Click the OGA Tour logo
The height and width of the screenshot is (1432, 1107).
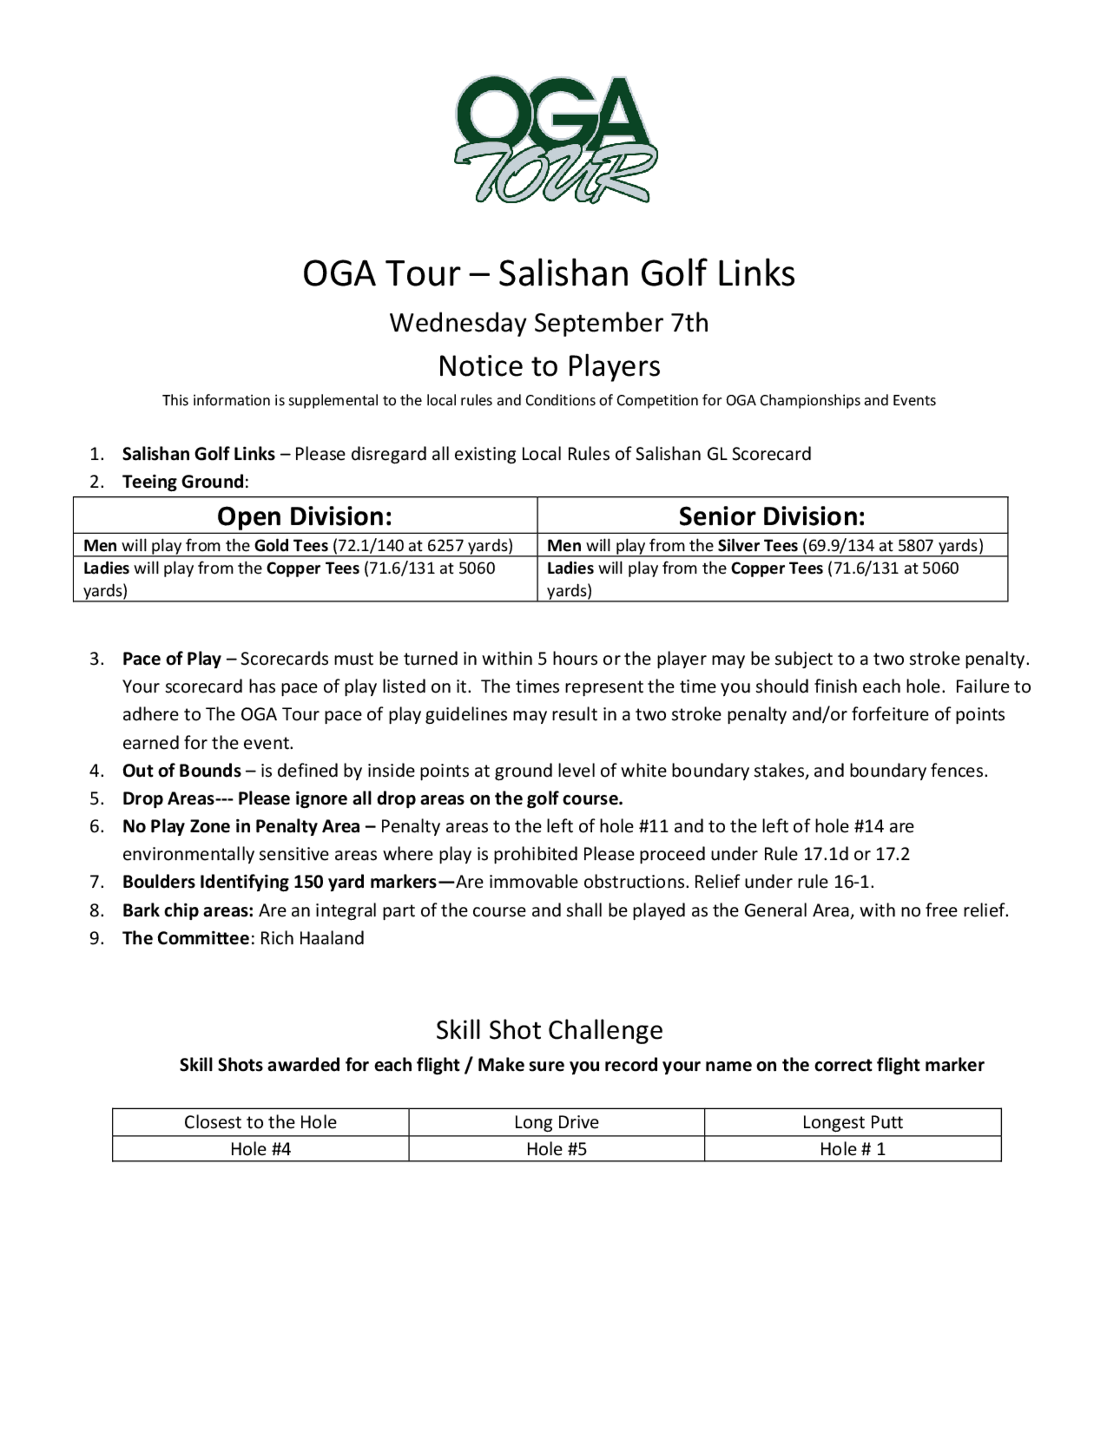[555, 139]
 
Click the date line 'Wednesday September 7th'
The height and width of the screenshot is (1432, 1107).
[549, 323]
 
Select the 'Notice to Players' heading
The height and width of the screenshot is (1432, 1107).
[549, 366]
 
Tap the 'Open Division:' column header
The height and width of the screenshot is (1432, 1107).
[304, 516]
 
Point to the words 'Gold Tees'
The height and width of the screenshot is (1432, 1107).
[291, 546]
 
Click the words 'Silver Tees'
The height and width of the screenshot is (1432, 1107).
[757, 546]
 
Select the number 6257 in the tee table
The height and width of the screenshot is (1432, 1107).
[444, 546]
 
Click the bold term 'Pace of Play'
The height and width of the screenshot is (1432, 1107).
[171, 659]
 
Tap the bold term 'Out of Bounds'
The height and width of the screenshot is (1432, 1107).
[182, 770]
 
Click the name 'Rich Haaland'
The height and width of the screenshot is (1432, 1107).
[312, 938]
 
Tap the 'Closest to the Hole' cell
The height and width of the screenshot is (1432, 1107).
[260, 1122]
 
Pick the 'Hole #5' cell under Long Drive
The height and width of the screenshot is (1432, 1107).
[556, 1149]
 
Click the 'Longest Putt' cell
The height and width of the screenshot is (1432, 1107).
[852, 1122]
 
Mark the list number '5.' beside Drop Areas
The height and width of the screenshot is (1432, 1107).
[97, 798]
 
